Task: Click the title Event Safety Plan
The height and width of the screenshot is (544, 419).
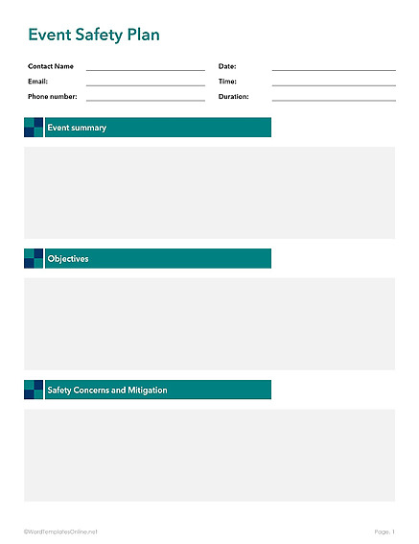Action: (x=94, y=35)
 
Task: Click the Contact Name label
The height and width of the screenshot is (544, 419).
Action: (x=51, y=66)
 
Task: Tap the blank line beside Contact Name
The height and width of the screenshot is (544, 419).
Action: (x=145, y=69)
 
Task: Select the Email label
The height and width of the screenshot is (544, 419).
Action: (x=37, y=82)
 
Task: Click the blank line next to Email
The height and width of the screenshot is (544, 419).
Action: (x=145, y=84)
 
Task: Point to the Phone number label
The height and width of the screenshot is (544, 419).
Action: (x=52, y=97)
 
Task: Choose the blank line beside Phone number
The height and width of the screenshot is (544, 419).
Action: (x=145, y=100)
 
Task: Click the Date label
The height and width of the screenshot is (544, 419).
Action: (x=227, y=66)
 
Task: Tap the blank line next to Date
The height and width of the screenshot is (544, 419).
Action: (x=333, y=69)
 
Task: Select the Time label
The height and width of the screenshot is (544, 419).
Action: (x=227, y=82)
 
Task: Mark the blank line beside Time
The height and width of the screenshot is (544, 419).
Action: (x=333, y=84)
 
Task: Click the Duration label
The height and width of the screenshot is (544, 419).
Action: (x=233, y=97)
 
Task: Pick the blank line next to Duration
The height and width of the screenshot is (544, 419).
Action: (x=333, y=100)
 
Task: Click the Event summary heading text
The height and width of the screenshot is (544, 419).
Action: (x=77, y=128)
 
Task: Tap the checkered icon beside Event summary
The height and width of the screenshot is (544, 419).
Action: (x=34, y=128)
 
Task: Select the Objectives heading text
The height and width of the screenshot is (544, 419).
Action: (x=68, y=259)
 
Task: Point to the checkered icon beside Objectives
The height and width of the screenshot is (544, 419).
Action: (x=34, y=259)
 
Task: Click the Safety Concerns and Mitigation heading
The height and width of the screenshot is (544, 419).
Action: (x=107, y=390)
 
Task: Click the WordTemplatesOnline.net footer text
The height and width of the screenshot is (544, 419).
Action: (x=60, y=531)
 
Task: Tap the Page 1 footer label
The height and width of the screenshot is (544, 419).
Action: (x=384, y=531)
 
